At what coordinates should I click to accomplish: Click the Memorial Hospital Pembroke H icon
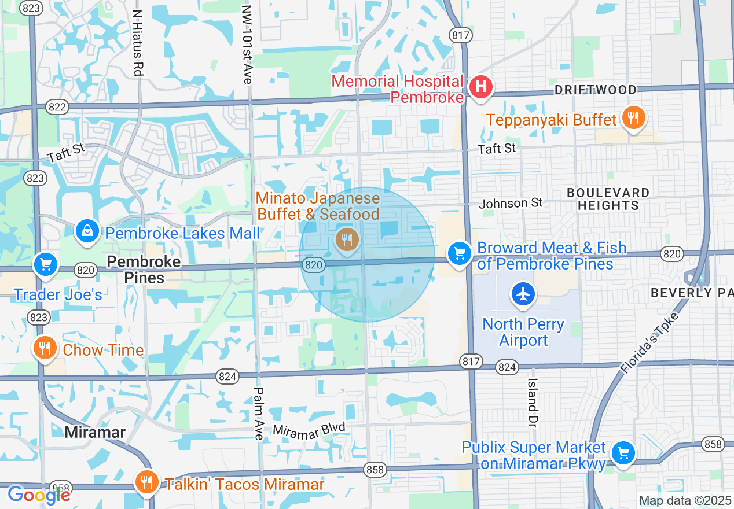pyautogui.click(x=480, y=88)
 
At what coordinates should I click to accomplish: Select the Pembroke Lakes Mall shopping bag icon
pyautogui.click(x=87, y=231)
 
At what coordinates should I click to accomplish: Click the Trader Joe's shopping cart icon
pyautogui.click(x=45, y=265)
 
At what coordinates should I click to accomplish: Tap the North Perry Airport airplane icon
pyautogui.click(x=523, y=294)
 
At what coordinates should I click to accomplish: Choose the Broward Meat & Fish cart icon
pyautogui.click(x=460, y=253)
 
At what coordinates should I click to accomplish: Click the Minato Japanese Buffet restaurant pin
pyautogui.click(x=347, y=238)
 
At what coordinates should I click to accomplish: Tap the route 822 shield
pyautogui.click(x=58, y=106)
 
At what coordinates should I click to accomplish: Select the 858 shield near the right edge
pyautogui.click(x=713, y=444)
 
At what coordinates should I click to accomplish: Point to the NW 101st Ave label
pyautogui.click(x=247, y=45)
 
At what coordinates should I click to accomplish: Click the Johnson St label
pyautogui.click(x=511, y=203)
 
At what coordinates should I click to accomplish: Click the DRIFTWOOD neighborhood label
pyautogui.click(x=596, y=90)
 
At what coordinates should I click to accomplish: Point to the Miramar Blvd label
pyautogui.click(x=309, y=429)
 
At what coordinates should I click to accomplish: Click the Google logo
pyautogui.click(x=38, y=495)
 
